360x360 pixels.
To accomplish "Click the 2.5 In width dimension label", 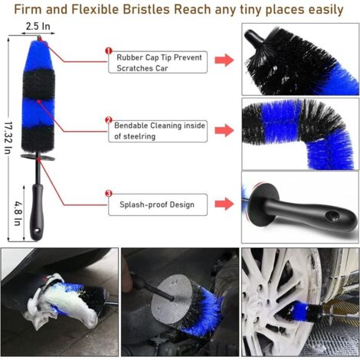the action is (x=38, y=26).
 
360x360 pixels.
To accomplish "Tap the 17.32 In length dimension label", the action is (x=8, y=138).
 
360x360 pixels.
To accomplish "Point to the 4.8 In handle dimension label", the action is (x=18, y=214).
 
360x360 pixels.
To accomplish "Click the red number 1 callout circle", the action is (x=109, y=51).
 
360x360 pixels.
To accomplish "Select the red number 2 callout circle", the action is (x=109, y=120).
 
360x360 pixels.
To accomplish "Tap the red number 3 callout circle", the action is (x=109, y=194).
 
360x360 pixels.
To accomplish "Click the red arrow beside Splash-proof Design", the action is (x=224, y=204).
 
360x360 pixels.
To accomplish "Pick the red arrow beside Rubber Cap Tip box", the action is (x=224, y=61).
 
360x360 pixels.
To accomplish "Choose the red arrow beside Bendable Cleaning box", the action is (x=224, y=130).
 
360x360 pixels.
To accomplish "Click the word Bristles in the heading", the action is (x=146, y=9).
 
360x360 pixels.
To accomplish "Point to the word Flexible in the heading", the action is (x=95, y=9).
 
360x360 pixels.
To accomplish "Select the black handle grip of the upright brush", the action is (x=37, y=211).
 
